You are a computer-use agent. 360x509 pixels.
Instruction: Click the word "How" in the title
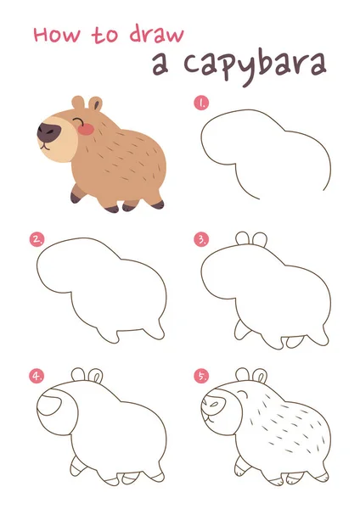coord(57,35)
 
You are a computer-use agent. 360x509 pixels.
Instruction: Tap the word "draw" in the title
coord(157,34)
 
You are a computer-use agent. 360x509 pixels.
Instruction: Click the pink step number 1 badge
coord(201,103)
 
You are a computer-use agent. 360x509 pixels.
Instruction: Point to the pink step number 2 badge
coord(37,239)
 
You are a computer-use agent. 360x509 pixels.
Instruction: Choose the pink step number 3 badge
coord(201,239)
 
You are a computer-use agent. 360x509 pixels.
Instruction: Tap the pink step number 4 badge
coord(37,376)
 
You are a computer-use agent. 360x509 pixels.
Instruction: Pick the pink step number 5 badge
coord(201,376)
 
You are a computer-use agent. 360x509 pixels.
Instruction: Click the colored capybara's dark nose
coord(48,131)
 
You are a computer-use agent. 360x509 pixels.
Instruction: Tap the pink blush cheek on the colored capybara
coord(86,129)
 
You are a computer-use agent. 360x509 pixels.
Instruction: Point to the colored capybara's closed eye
coord(77,121)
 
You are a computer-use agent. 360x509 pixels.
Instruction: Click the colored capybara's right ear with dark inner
coord(96,103)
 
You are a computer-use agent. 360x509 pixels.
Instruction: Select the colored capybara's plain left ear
coord(78,103)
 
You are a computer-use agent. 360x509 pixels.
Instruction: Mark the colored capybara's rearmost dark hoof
coord(159,204)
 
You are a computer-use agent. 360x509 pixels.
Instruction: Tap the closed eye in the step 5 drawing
coord(241,394)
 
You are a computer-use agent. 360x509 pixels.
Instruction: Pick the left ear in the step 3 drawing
coord(242,238)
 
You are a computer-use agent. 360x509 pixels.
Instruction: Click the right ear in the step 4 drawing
coord(96,376)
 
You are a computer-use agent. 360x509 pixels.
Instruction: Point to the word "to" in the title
coord(104,35)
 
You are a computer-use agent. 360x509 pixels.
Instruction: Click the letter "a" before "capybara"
coord(160,64)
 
